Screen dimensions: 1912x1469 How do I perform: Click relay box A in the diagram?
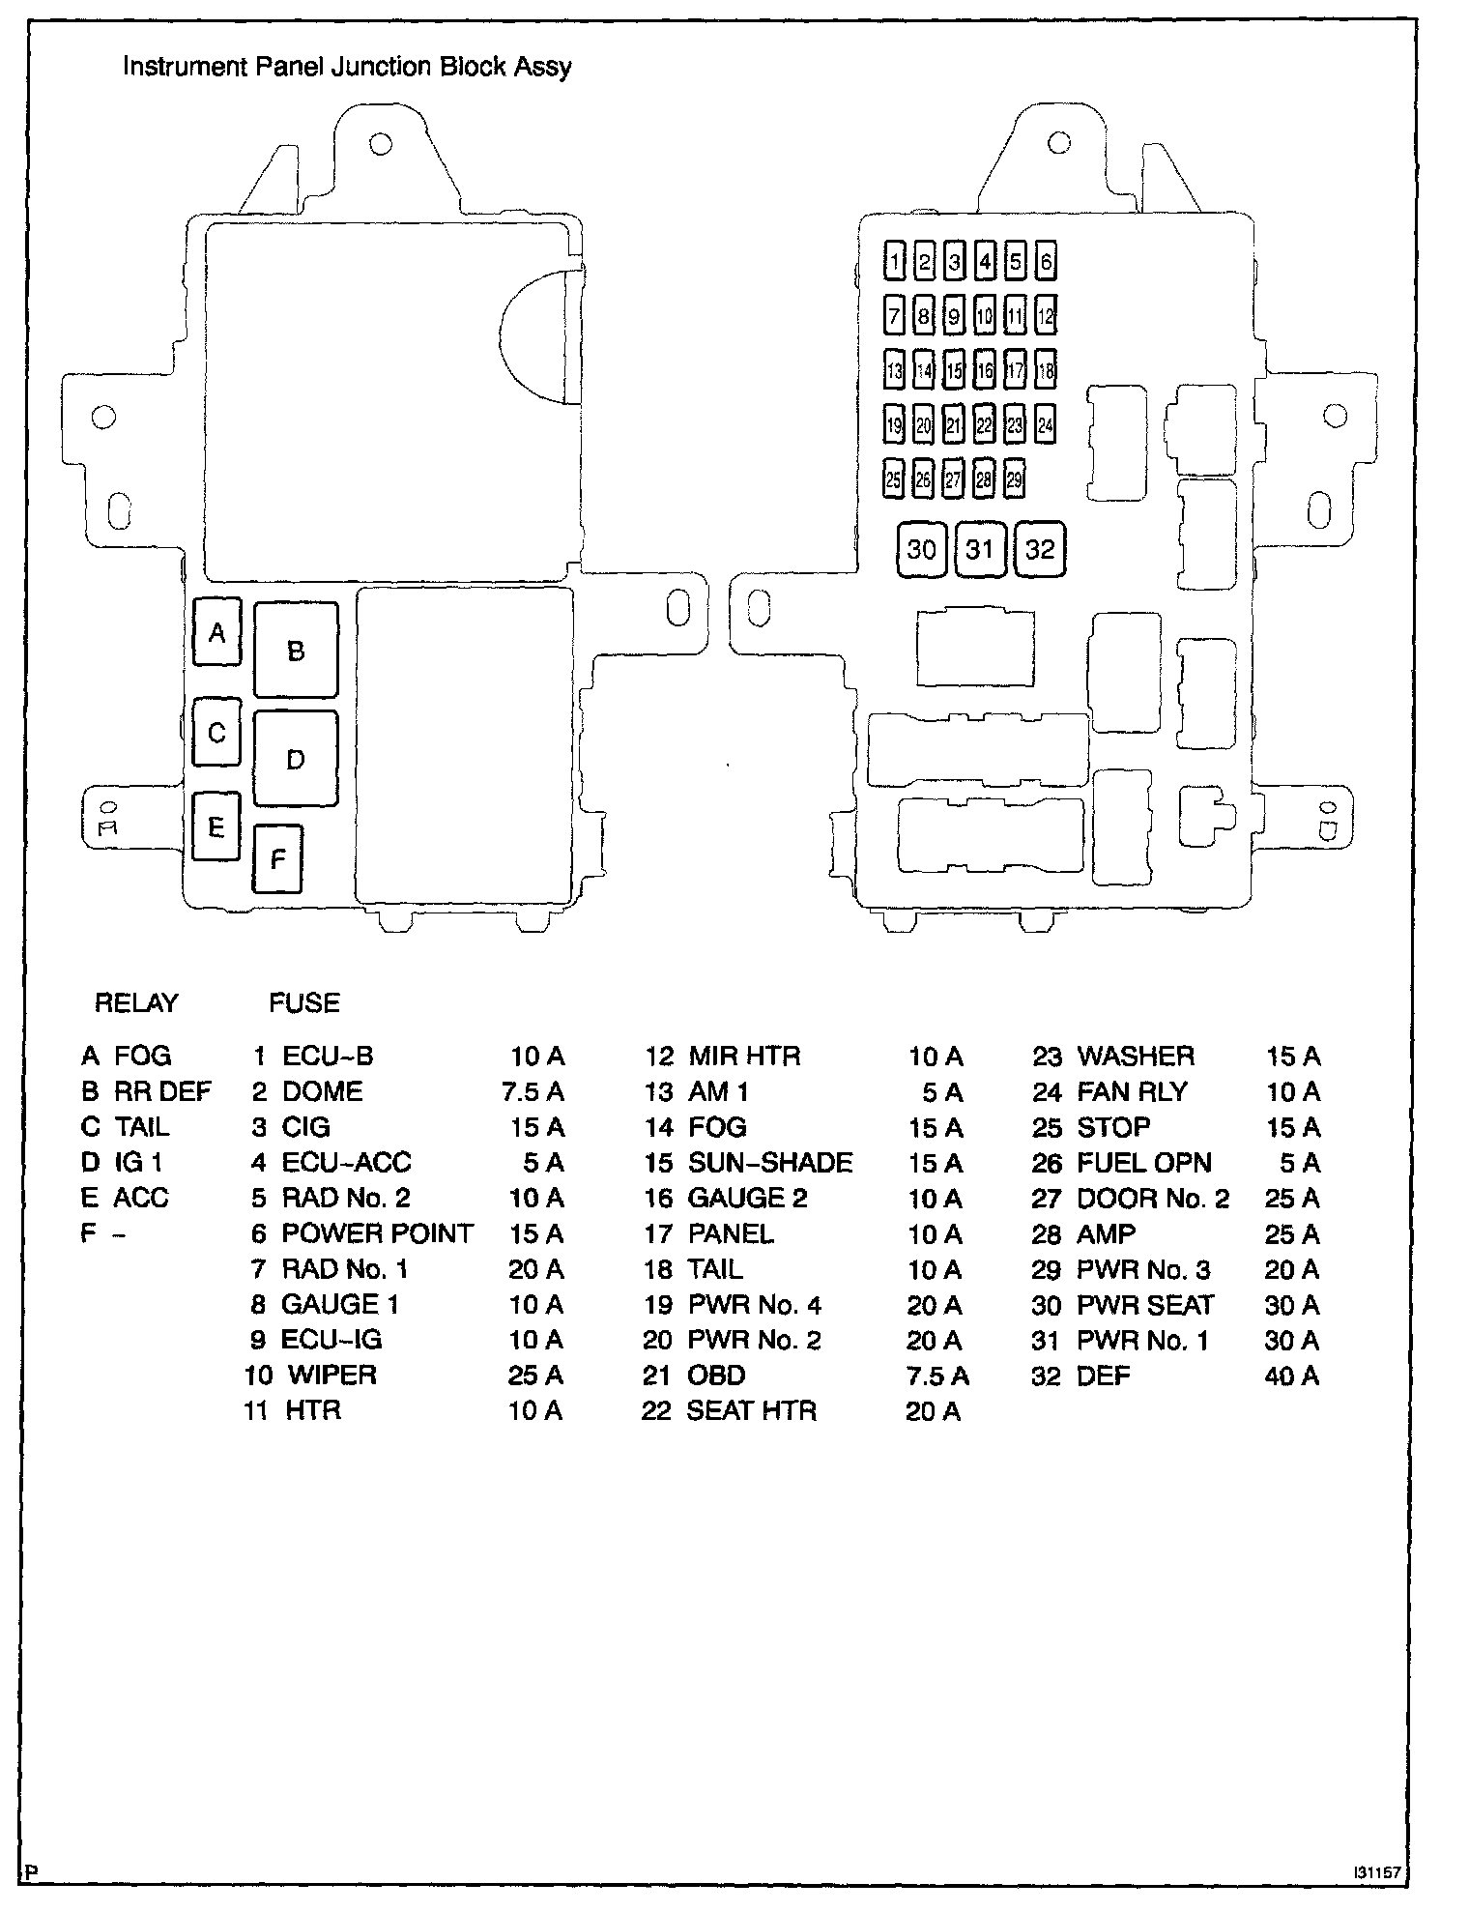[x=216, y=632]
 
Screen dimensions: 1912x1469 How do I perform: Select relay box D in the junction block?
[x=296, y=759]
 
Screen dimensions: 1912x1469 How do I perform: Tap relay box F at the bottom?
[x=277, y=858]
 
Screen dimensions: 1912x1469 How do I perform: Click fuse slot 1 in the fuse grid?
[x=895, y=261]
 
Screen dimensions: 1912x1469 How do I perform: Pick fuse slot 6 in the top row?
[x=1046, y=261]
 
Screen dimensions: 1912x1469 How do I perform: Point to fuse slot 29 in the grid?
[x=1014, y=479]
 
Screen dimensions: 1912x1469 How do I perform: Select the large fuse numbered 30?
[x=921, y=549]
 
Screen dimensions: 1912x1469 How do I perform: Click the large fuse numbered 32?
[x=1040, y=549]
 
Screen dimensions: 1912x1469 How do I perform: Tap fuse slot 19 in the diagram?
[x=895, y=424]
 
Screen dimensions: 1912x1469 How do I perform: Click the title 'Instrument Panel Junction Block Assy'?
[x=347, y=67]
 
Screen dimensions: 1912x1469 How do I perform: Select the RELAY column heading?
[x=136, y=1002]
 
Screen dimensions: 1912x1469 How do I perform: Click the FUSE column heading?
[x=304, y=1002]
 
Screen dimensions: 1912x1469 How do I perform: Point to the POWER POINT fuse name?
[x=377, y=1233]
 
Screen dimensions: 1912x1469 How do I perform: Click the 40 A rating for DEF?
[x=1291, y=1376]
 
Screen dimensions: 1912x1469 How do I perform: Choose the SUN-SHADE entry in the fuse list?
[x=769, y=1163]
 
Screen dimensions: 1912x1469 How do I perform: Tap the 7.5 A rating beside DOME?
[x=533, y=1092]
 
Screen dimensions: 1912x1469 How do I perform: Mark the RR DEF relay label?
[x=162, y=1091]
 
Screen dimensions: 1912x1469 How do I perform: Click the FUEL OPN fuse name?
[x=1143, y=1163]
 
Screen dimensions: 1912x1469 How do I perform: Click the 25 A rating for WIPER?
[x=535, y=1376]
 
